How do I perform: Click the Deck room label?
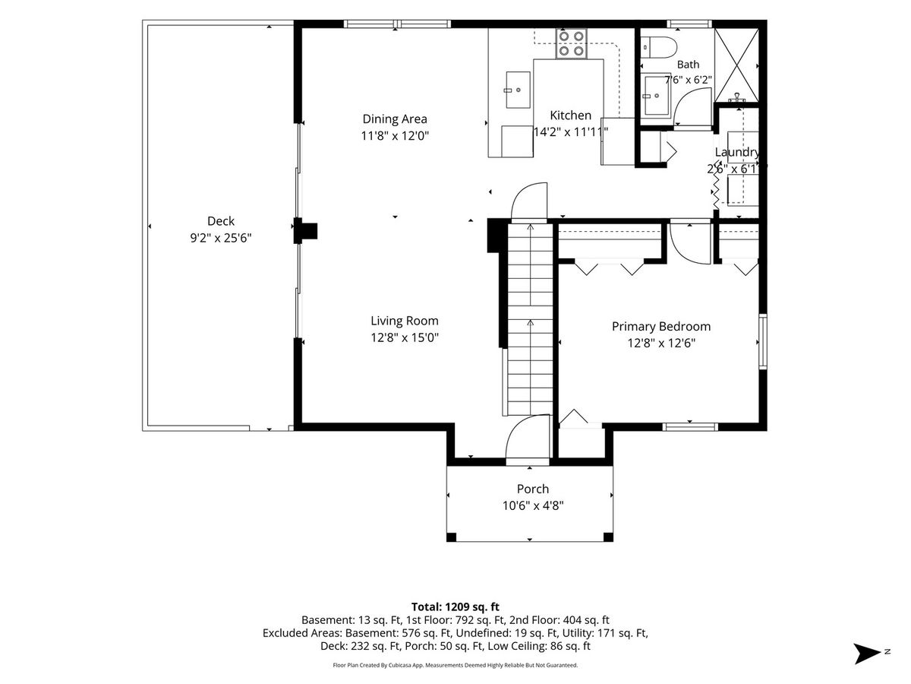pos(221,221)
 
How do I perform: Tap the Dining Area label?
pos(395,119)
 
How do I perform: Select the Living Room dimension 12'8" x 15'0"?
pos(405,337)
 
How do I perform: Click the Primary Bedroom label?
pos(661,327)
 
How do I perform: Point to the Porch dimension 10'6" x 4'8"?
pos(533,506)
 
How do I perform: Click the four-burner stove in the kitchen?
pos(572,43)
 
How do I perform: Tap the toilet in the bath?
pos(658,47)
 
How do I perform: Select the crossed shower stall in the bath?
pos(736,65)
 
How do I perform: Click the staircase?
pos(530,319)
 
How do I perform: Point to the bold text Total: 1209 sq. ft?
pos(455,607)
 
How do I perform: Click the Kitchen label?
pos(570,116)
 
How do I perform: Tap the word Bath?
pos(688,65)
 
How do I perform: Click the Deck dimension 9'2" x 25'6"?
pos(221,238)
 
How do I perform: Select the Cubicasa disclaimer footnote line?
pos(455,665)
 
